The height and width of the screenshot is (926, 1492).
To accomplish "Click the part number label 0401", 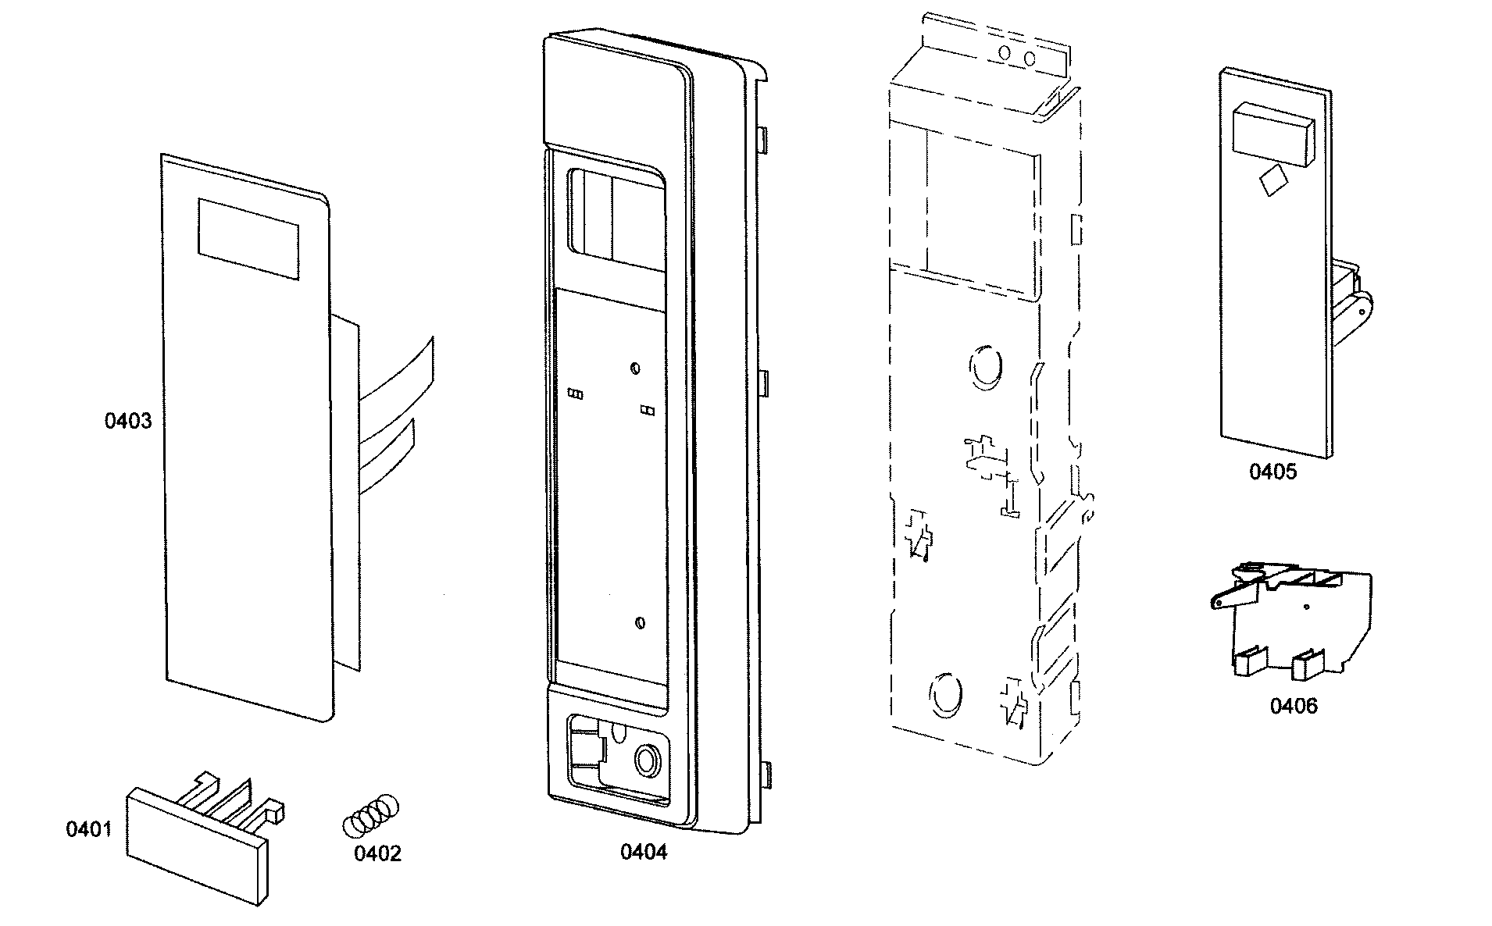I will (88, 828).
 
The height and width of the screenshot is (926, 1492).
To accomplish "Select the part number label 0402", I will (377, 853).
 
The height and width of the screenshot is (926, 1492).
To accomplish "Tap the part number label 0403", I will (128, 422).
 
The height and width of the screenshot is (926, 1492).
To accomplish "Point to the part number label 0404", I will (644, 851).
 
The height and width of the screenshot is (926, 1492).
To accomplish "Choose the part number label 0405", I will (1272, 472).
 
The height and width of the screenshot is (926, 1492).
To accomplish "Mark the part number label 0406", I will (1293, 706).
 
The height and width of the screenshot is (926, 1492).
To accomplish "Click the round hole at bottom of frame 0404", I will (647, 758).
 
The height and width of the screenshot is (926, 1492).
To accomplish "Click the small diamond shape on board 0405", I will (1272, 180).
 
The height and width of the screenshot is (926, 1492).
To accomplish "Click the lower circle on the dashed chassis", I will (944, 692).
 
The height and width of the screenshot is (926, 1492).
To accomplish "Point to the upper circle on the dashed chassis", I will (985, 365).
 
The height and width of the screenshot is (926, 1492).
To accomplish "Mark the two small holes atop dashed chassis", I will (1017, 56).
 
